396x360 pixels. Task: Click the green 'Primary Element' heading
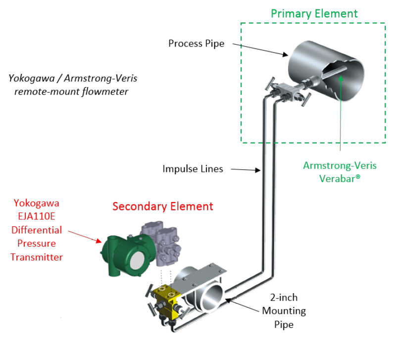pyautogui.click(x=314, y=13)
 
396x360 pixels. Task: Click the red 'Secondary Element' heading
pyautogui.click(x=162, y=206)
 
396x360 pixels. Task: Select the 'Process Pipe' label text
pyautogui.click(x=196, y=44)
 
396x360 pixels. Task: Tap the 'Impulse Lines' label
pyautogui.click(x=193, y=169)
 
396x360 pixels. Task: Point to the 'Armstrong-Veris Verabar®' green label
pyautogui.click(x=340, y=171)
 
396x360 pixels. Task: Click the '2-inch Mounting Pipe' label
pyautogui.click(x=284, y=311)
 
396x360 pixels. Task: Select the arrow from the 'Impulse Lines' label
pyautogui.click(x=245, y=170)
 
